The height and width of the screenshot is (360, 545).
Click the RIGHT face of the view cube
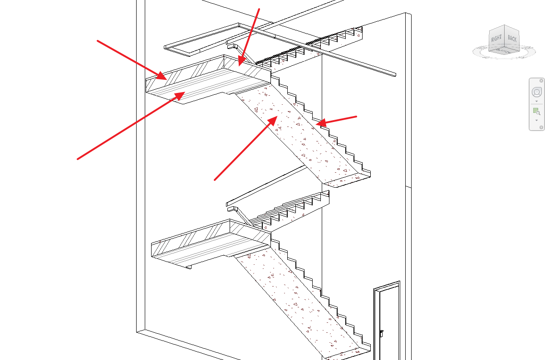(496, 39)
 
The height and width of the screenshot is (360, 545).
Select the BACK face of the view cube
(512, 39)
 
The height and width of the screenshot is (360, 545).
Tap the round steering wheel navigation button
(536, 92)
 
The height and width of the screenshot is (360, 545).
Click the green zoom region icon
(536, 112)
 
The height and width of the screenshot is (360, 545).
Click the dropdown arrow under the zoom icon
(536, 120)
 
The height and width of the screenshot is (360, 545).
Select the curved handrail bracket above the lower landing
(234, 209)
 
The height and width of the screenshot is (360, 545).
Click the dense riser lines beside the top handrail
(281, 54)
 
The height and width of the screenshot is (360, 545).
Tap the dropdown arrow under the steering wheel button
(536, 102)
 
